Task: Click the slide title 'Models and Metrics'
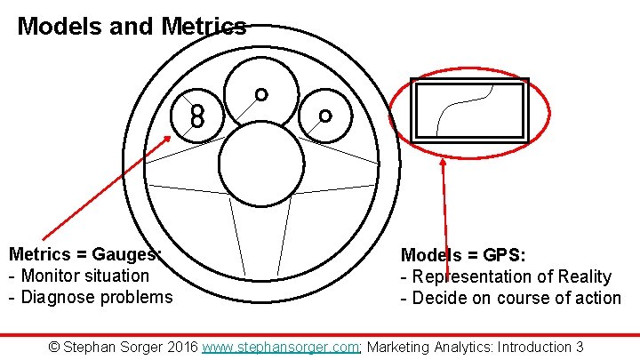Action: (x=132, y=27)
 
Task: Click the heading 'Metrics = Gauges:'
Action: (x=84, y=255)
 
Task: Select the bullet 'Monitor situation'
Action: (x=84, y=276)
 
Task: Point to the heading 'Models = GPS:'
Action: (x=463, y=256)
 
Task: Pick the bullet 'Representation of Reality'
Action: (x=510, y=276)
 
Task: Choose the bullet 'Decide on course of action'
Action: (x=516, y=298)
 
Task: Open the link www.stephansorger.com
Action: (x=280, y=347)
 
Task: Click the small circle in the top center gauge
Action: (x=260, y=93)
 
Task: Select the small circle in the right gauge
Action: (x=325, y=116)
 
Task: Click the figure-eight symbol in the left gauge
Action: (x=197, y=114)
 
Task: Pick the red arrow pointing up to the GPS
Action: (x=445, y=213)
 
